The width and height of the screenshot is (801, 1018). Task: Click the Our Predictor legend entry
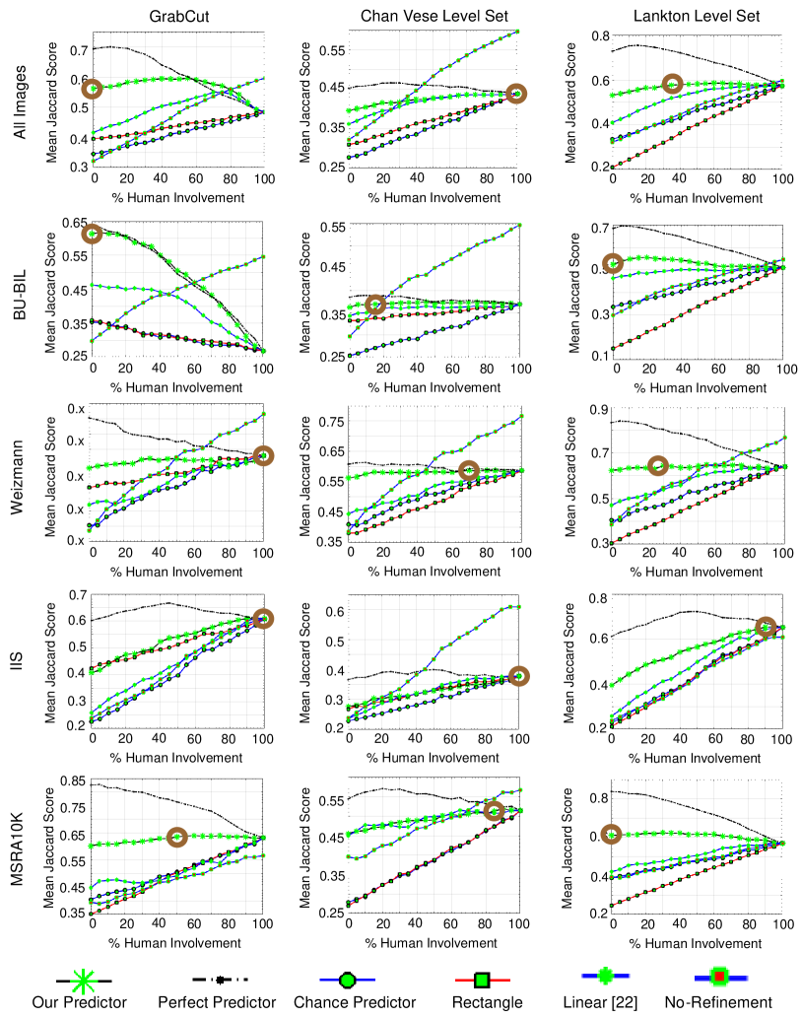click(x=80, y=1002)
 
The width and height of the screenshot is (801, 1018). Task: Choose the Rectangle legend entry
click(x=482, y=1002)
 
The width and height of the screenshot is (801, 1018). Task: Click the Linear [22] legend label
click(x=607, y=1002)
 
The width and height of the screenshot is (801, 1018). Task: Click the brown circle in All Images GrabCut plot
click(x=94, y=89)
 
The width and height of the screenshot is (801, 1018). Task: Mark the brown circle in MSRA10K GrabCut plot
click(x=177, y=837)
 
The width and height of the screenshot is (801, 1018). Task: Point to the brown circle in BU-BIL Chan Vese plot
click(x=374, y=305)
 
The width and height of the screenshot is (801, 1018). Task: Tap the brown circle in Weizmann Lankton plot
click(x=657, y=465)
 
